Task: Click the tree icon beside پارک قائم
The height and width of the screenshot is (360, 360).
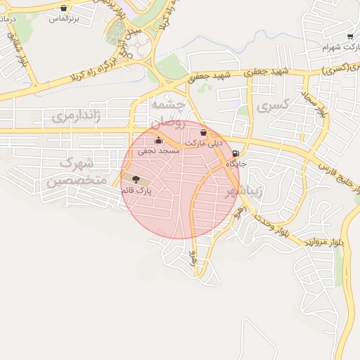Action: (135, 179)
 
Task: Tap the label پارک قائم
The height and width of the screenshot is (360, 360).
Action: (137, 191)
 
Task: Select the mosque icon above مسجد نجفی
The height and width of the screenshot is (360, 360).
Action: (158, 139)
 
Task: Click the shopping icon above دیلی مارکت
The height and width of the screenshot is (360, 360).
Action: (203, 132)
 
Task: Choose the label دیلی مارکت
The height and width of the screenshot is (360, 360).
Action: (203, 143)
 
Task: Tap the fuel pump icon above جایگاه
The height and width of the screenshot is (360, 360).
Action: (234, 153)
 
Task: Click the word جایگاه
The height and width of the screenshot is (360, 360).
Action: (236, 164)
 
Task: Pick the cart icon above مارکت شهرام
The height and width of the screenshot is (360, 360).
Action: (350, 37)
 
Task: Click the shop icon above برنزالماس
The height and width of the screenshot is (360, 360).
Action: (65, 9)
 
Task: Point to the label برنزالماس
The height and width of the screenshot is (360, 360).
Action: (62, 20)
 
